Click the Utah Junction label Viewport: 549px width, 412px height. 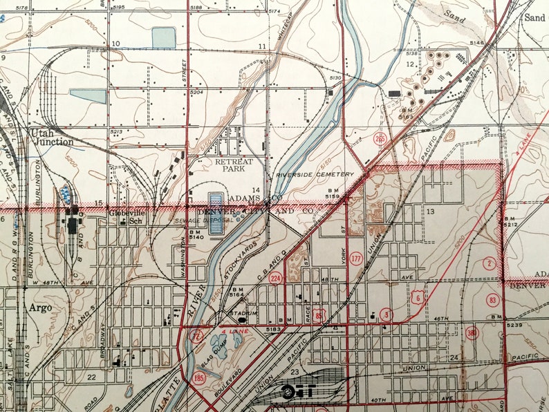51,137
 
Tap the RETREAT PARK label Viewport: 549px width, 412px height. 234,165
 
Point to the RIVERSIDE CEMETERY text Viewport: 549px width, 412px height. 315,175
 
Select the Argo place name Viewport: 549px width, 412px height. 40,308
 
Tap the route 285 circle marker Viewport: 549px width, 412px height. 380,139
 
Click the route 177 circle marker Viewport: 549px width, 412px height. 356,258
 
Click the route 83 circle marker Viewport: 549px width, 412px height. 492,299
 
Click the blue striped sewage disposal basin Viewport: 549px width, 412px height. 216,213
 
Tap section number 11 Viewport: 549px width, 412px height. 263,46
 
